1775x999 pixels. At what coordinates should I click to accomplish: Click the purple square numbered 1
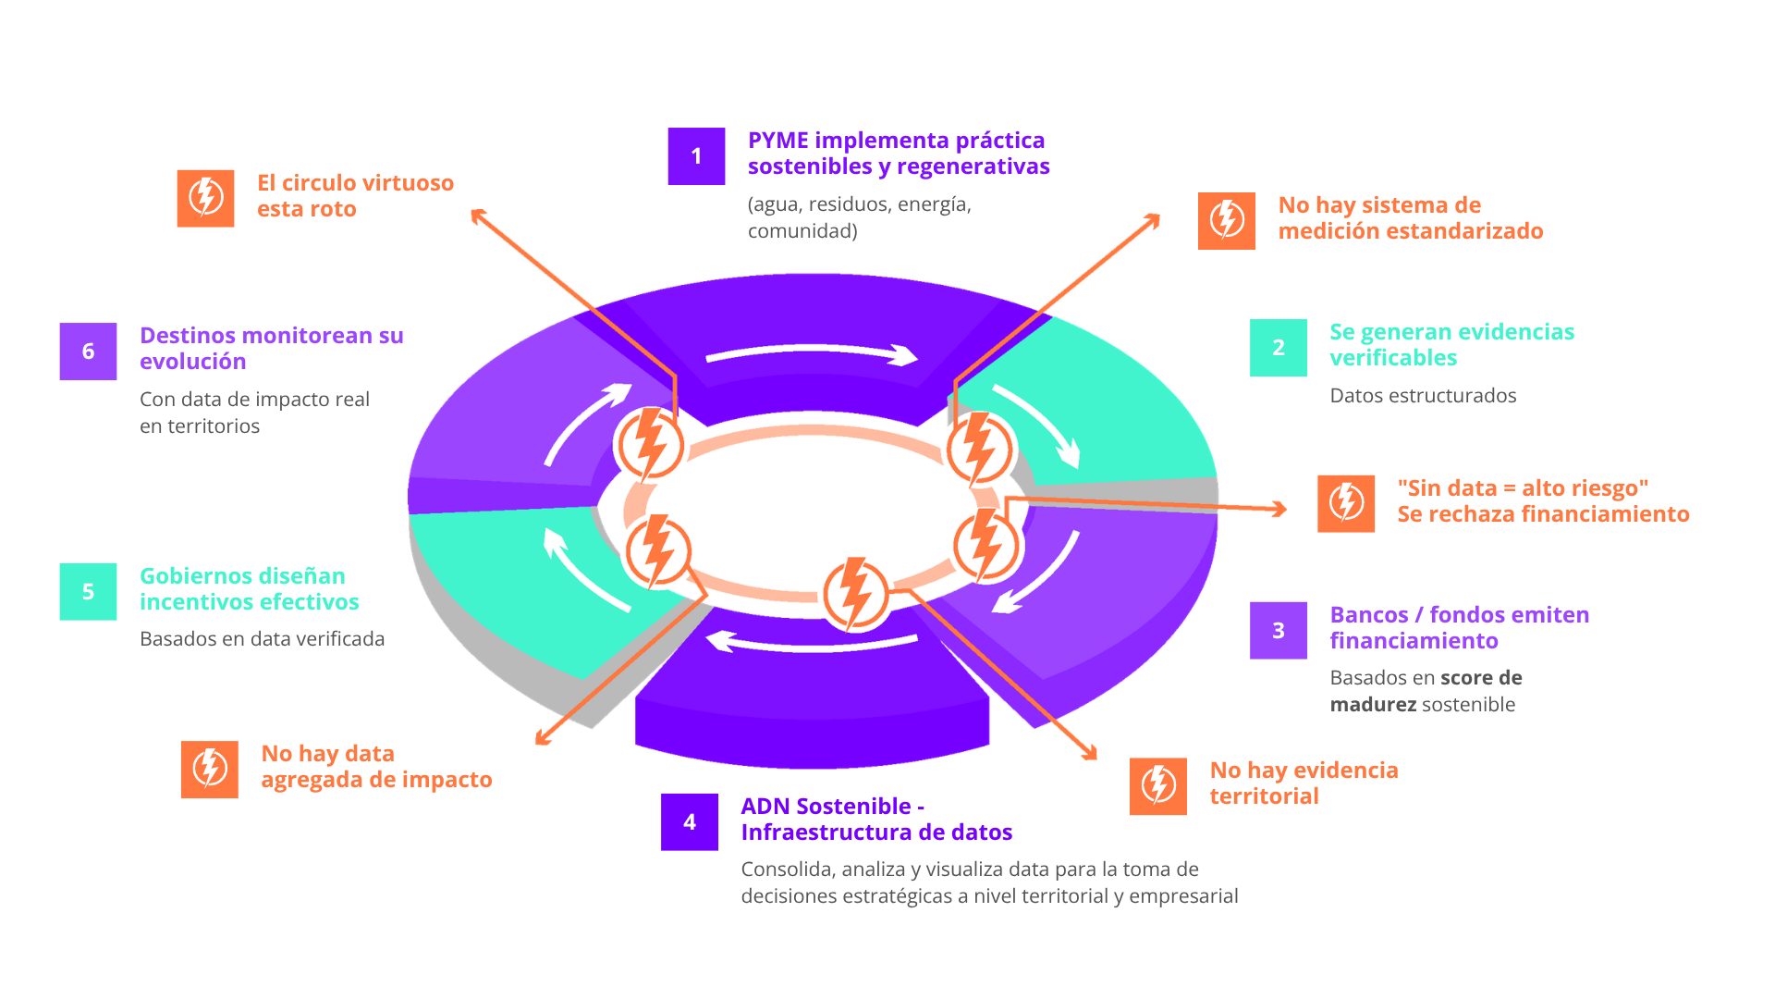(696, 156)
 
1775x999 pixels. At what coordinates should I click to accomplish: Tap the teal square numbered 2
(1278, 348)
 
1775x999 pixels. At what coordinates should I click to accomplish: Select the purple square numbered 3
(1278, 631)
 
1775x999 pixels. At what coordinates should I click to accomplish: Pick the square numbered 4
(689, 822)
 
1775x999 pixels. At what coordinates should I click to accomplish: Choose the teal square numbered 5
(88, 592)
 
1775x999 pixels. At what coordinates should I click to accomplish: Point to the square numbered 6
(88, 351)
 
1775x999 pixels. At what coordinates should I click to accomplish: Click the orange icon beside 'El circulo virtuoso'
(205, 198)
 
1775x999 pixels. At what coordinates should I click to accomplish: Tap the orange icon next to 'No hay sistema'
(1226, 221)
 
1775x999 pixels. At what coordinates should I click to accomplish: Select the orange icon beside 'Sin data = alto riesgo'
(1345, 503)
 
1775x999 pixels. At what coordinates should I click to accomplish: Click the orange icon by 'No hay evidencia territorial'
(1157, 786)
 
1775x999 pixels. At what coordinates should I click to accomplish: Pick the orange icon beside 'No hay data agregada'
(209, 769)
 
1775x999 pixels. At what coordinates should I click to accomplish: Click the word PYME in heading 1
(777, 141)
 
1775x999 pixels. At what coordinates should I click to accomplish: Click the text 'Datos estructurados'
(1422, 396)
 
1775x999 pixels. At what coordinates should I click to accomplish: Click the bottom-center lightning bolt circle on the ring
(856, 594)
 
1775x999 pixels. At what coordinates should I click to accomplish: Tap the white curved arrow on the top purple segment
(812, 353)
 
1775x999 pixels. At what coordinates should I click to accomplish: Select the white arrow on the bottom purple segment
(812, 642)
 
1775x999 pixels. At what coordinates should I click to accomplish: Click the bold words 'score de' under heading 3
(1481, 678)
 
